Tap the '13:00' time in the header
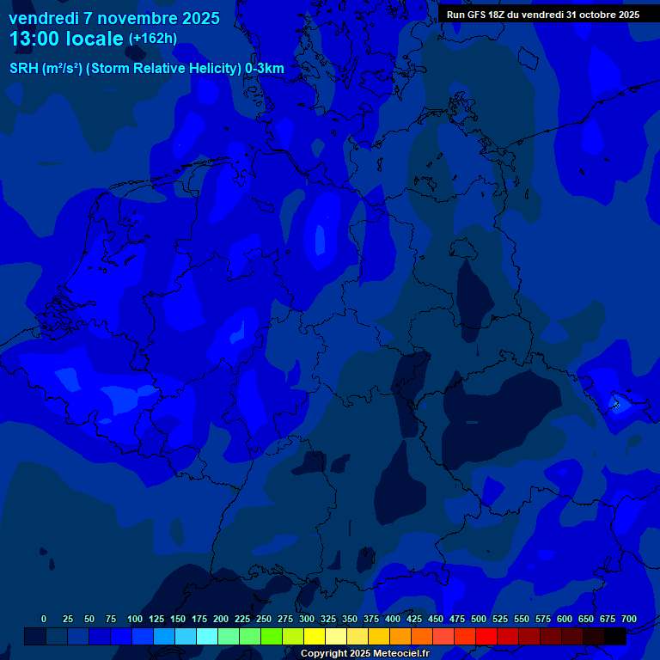tap(35, 39)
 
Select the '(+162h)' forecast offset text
tap(152, 39)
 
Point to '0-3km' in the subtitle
tap(265, 69)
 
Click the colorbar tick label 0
tap(44, 619)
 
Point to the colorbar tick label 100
tap(135, 619)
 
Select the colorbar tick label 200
tap(221, 619)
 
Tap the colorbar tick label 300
tap(307, 619)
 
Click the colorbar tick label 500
tap(479, 619)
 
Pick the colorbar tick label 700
tap(629, 619)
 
